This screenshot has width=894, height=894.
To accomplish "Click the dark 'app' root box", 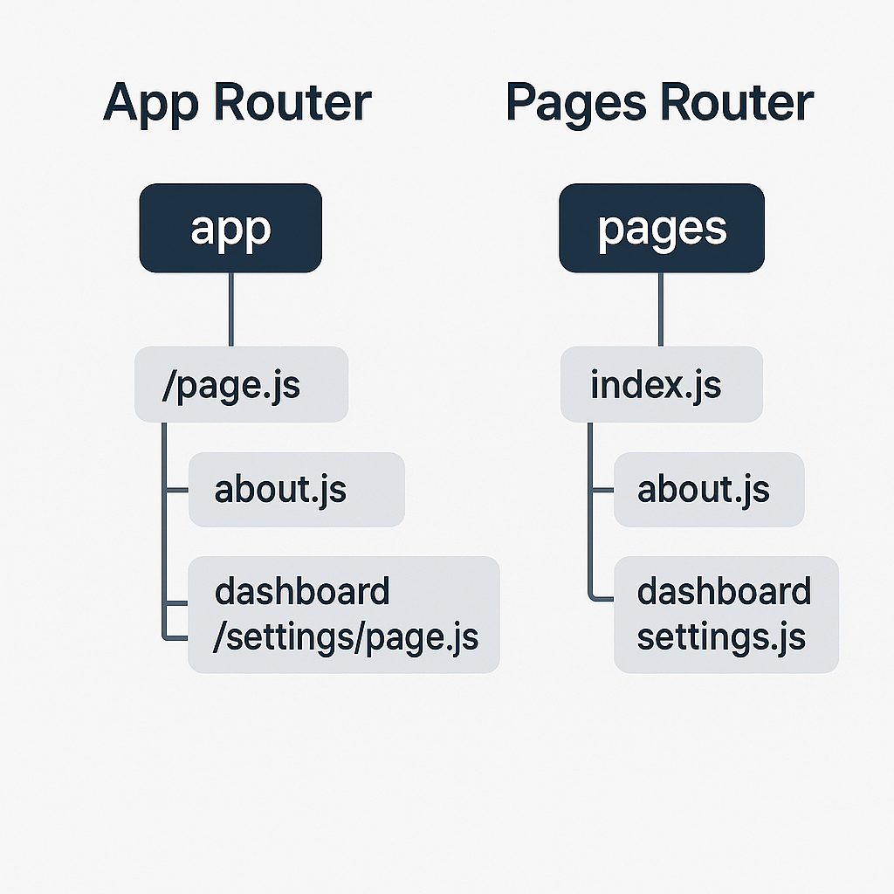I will tap(230, 228).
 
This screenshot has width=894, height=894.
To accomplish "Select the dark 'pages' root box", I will tap(661, 228).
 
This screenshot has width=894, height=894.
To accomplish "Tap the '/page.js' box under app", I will tap(241, 384).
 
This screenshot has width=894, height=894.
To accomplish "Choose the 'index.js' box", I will tap(661, 384).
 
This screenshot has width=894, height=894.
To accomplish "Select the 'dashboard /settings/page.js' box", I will tap(343, 615).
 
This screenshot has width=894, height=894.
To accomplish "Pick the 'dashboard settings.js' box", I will tap(726, 615).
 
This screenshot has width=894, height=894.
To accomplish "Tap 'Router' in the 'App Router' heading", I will tap(293, 103).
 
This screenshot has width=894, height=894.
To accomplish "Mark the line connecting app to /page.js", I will tap(230, 309).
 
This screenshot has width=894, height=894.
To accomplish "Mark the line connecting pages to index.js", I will tap(661, 309).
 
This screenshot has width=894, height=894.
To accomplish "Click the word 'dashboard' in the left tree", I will tap(302, 591).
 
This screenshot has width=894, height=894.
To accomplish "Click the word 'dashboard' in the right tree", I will tap(724, 591).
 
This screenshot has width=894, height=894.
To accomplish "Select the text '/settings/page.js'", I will tap(346, 636).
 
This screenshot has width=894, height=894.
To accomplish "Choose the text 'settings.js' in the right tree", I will tap(720, 636).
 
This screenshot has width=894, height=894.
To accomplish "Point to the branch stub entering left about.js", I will tap(176, 490).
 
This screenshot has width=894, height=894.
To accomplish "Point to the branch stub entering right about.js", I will tap(602, 490).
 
